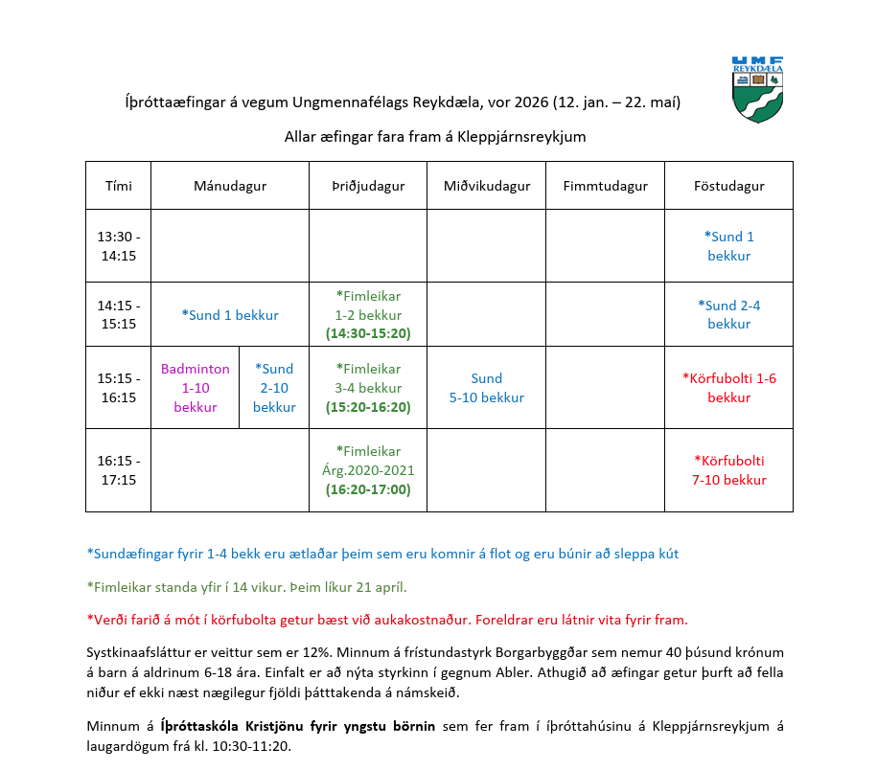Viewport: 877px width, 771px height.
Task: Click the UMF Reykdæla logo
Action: [757, 88]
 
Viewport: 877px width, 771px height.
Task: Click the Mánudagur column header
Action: [229, 186]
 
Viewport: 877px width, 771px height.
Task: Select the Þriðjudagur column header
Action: [367, 186]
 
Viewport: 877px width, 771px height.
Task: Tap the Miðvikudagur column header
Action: [486, 186]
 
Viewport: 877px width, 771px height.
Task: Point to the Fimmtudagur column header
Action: [605, 186]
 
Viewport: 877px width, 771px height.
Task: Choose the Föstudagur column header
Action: [728, 186]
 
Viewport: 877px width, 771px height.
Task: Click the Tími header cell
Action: [118, 186]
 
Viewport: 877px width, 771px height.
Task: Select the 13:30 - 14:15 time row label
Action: [118, 246]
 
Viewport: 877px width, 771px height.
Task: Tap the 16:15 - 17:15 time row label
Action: [118, 470]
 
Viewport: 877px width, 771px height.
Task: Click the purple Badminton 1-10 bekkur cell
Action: [196, 388]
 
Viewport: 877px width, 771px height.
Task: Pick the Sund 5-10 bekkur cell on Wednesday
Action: [486, 388]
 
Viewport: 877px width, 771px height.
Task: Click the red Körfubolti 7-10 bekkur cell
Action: [728, 470]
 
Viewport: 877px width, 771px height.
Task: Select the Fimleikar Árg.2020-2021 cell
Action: [367, 470]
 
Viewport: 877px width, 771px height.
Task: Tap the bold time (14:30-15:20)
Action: [367, 334]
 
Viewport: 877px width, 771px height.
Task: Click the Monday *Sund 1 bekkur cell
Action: [229, 315]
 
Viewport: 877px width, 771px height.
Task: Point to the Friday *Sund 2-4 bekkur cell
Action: [728, 315]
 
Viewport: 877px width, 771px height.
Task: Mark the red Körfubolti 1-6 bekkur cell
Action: [728, 388]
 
